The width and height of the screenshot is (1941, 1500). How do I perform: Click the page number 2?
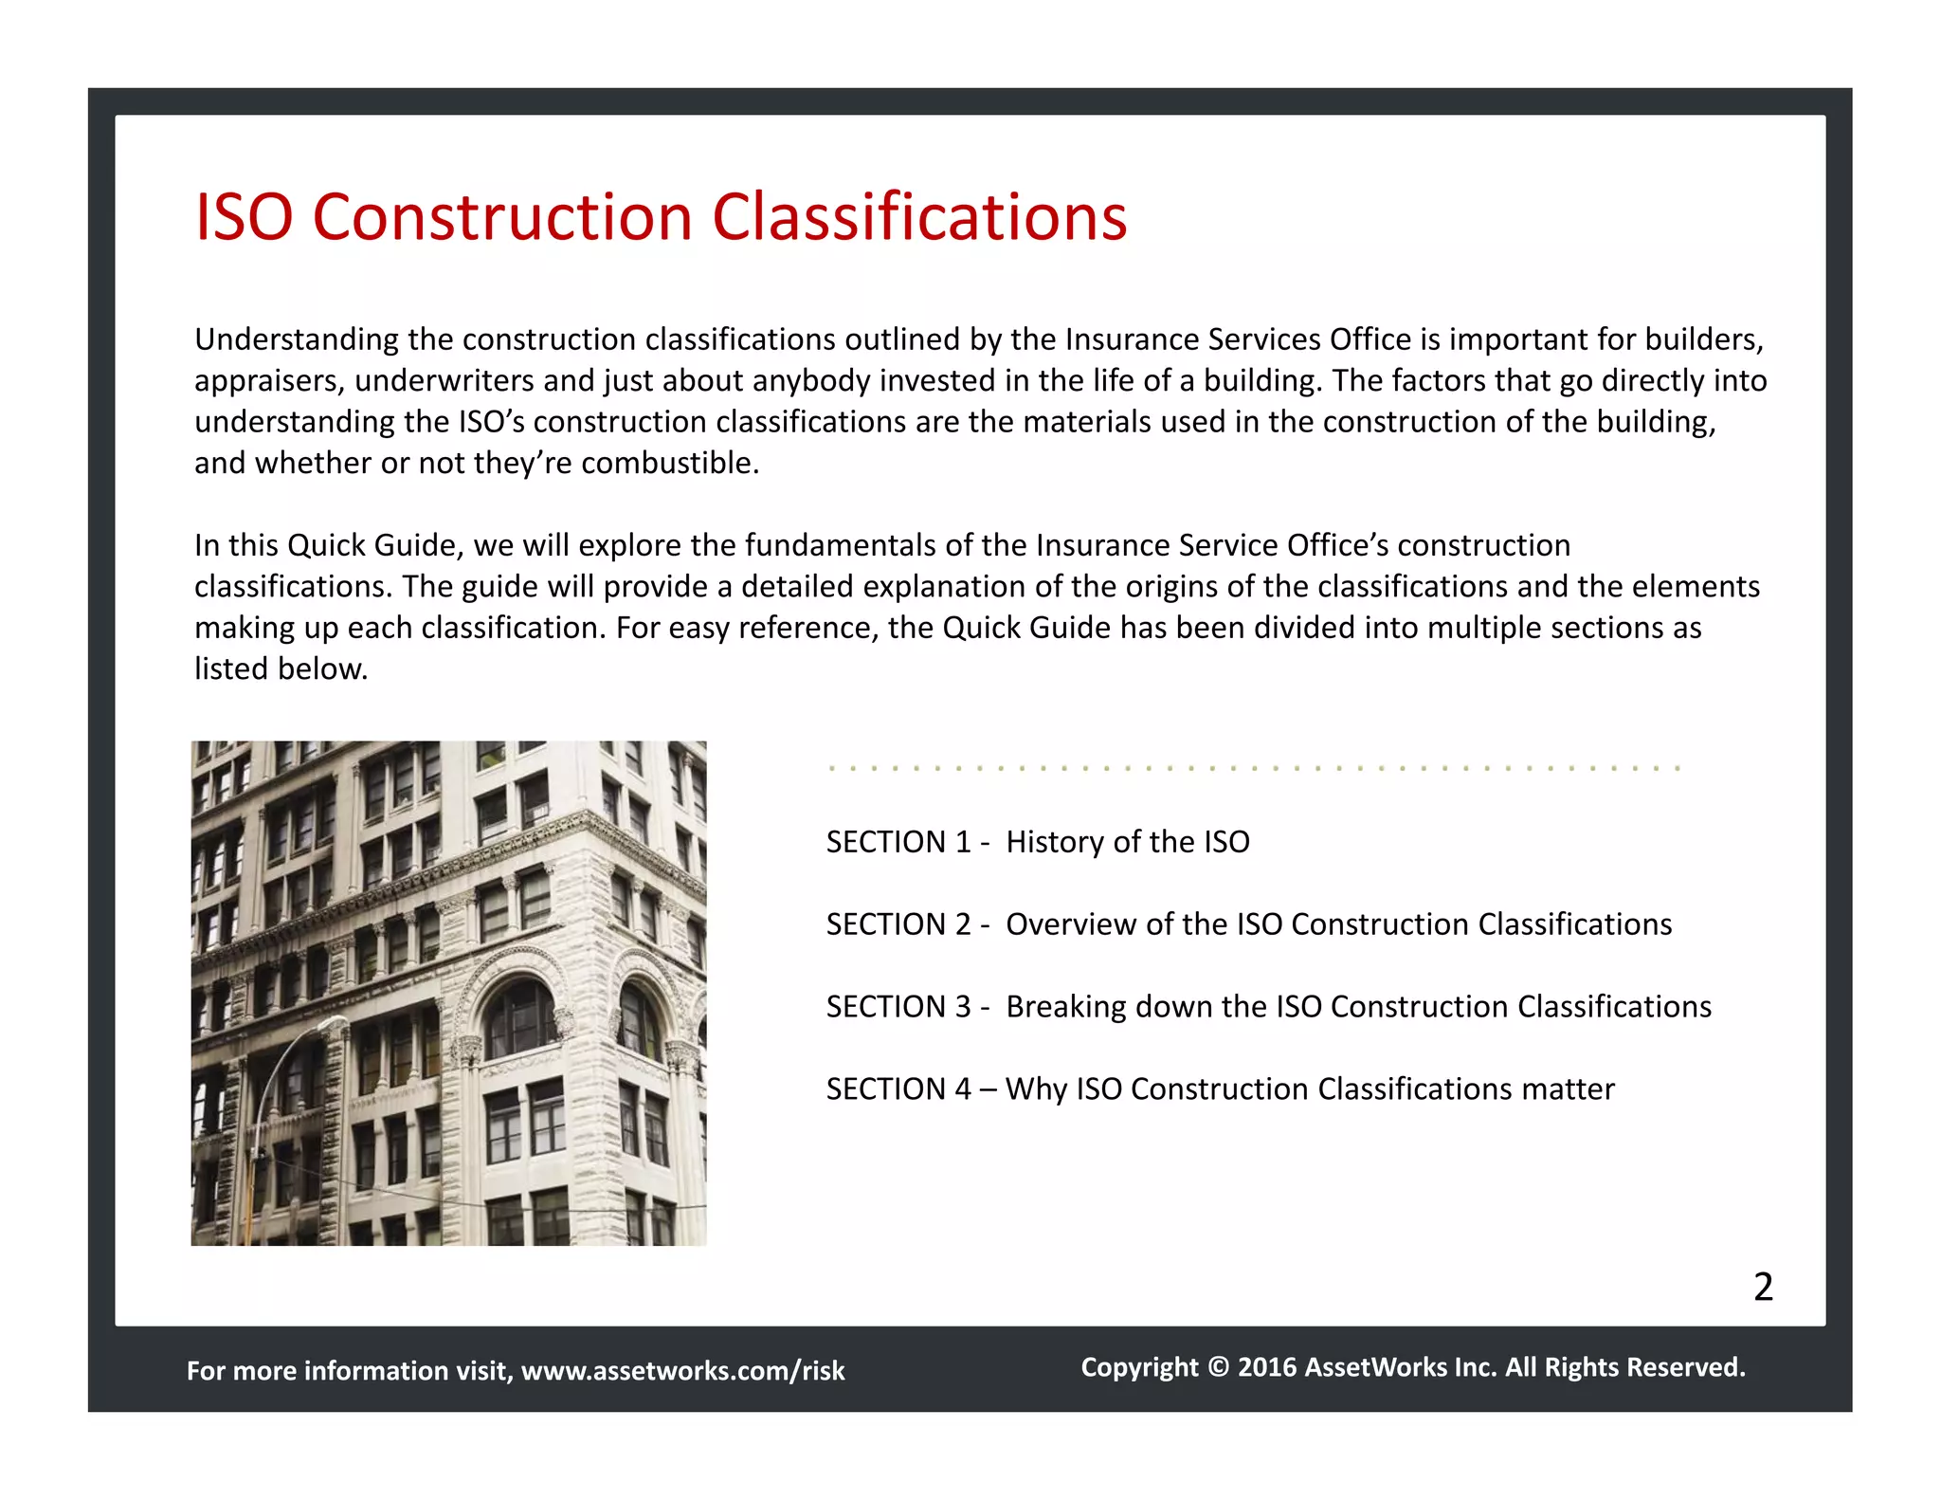[1763, 1287]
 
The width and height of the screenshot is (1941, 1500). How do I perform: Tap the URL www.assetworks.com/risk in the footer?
[682, 1371]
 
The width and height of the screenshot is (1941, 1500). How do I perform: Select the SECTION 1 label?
[898, 842]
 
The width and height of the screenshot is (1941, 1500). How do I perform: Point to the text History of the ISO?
[1128, 842]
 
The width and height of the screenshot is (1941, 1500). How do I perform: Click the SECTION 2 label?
[898, 924]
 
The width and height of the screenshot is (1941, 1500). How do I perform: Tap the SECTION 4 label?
[898, 1089]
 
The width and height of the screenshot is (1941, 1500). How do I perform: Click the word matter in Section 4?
[1568, 1089]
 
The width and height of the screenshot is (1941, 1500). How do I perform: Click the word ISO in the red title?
[244, 217]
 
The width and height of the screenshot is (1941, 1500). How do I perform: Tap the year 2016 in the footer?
[1267, 1367]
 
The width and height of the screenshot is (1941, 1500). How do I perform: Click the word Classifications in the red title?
[919, 217]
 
